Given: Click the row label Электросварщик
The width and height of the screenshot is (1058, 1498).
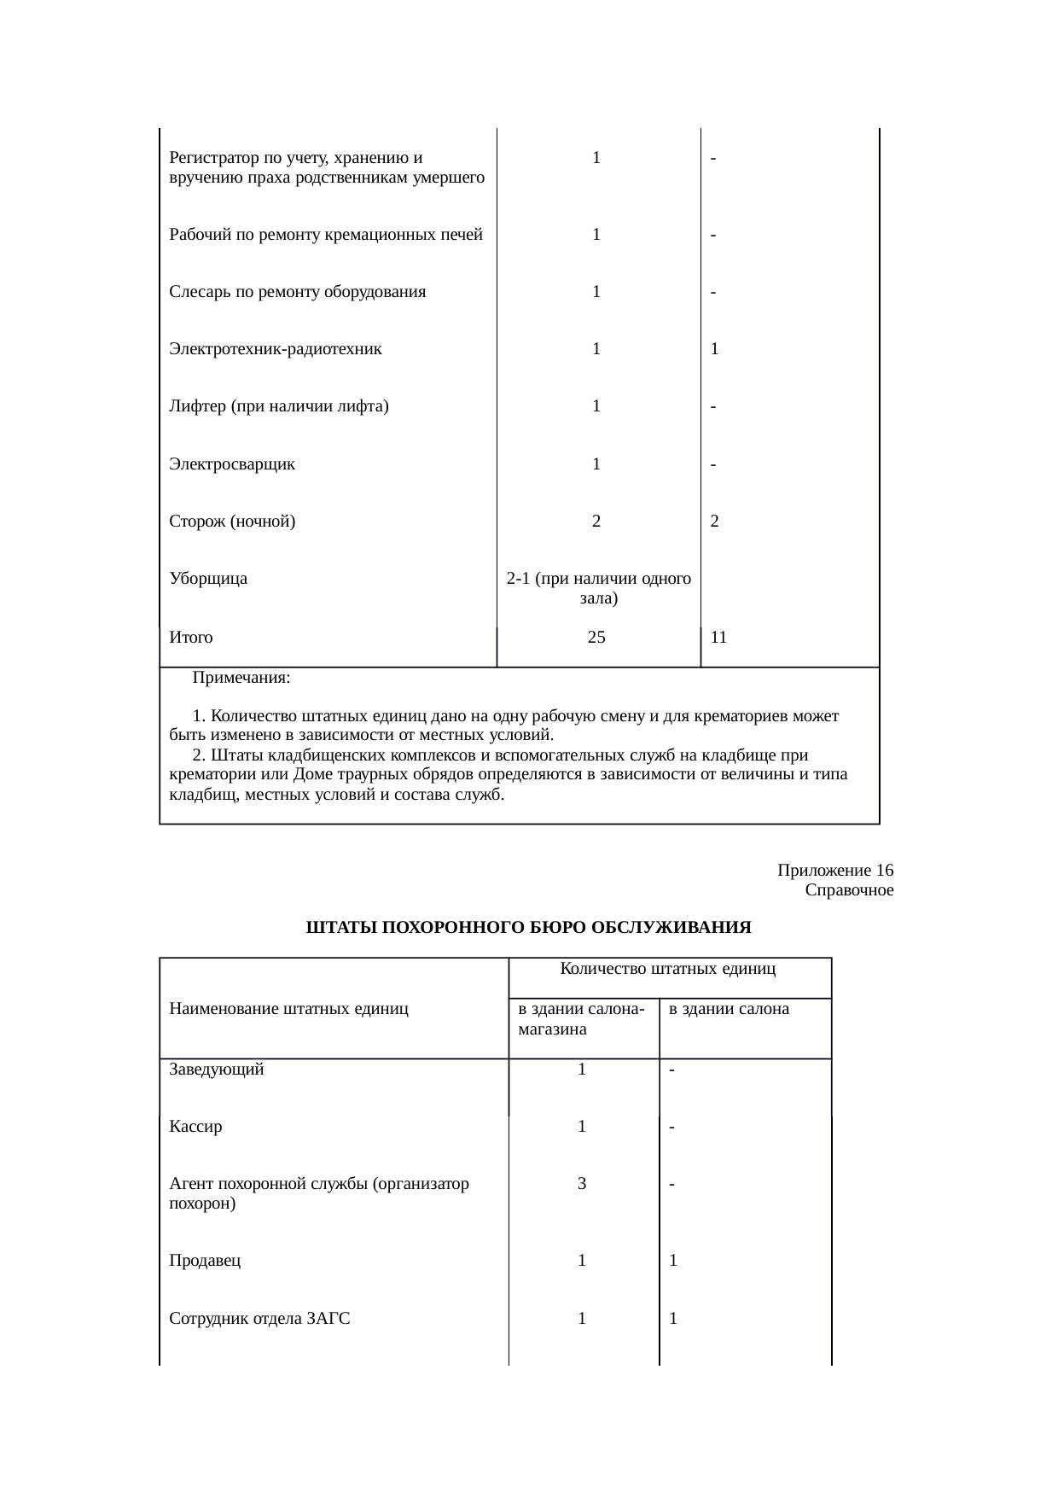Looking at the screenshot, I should (232, 464).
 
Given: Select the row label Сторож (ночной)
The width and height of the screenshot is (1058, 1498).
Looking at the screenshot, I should (232, 522).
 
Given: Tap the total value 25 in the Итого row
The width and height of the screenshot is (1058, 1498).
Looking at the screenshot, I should (597, 637).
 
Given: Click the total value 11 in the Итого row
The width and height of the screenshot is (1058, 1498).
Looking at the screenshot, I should (718, 637).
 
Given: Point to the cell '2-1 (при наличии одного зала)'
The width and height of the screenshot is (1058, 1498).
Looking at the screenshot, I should (598, 588).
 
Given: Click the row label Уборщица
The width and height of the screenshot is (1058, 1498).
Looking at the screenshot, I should (208, 579).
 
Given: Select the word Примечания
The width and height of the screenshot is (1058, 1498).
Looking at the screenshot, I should (241, 678).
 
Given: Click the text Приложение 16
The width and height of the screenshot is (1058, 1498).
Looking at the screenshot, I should (835, 871).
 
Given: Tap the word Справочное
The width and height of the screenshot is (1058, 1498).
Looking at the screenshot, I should (849, 890).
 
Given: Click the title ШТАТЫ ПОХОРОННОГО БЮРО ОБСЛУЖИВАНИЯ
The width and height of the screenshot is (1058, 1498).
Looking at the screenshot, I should (528, 928).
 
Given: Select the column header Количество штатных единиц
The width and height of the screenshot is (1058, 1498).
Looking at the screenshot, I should (667, 968).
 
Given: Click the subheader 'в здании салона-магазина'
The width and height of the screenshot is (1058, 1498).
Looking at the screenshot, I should (580, 1019).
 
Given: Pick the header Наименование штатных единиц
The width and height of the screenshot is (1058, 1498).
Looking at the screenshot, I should (288, 1009).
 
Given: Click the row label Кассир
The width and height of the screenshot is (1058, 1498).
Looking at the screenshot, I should (195, 1127).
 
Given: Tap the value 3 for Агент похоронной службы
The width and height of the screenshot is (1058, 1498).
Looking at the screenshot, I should (582, 1184).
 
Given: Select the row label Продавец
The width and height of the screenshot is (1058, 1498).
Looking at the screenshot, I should (205, 1261).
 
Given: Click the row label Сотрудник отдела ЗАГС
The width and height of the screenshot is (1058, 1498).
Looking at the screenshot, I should (259, 1319).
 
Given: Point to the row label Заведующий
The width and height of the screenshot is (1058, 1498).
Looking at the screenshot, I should (217, 1070).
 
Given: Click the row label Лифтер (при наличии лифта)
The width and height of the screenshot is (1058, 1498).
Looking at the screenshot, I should (279, 406).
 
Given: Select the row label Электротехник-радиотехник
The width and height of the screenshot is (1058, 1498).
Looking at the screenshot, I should (276, 349).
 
